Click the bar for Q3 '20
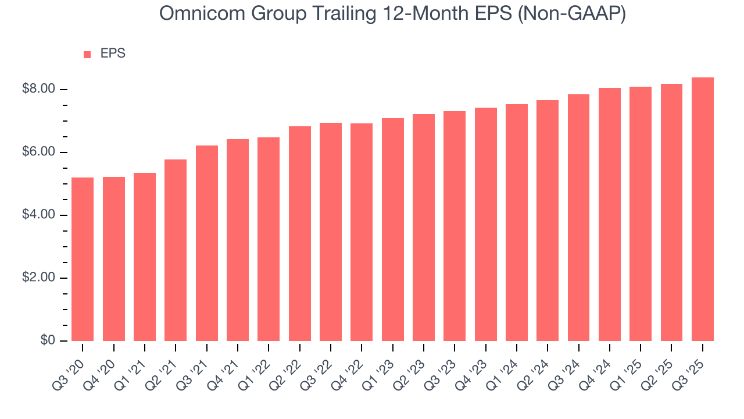pyautogui.click(x=83, y=259)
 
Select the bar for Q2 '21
pyautogui.click(x=176, y=250)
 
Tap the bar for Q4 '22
pyautogui.click(x=362, y=232)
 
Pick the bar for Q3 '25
pyautogui.click(x=703, y=210)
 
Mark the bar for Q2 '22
pyautogui.click(x=299, y=233)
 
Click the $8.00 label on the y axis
pyautogui.click(x=38, y=89)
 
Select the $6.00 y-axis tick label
pyautogui.click(x=38, y=152)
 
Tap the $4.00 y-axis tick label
pyautogui.click(x=38, y=215)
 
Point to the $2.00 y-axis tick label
pyautogui.click(x=38, y=278)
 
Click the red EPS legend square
pyautogui.click(x=87, y=54)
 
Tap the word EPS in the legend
pyautogui.click(x=113, y=54)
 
